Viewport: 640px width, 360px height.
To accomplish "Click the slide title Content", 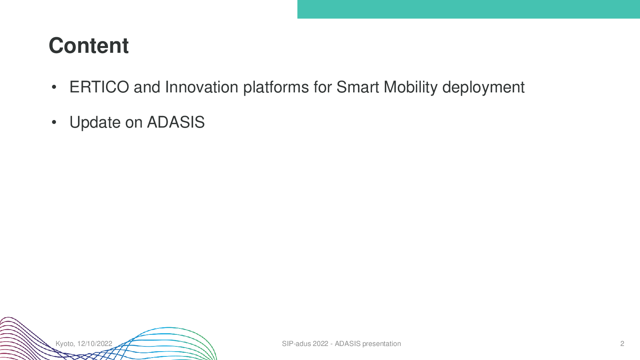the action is [88, 46].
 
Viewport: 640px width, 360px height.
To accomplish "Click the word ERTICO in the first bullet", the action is [99, 87].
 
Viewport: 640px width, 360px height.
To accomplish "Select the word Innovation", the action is [202, 87].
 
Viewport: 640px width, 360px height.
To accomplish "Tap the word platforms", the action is [276, 88].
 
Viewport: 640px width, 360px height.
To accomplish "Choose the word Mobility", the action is [410, 88].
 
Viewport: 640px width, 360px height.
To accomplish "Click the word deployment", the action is [483, 88].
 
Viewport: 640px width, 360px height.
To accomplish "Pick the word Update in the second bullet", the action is [95, 122].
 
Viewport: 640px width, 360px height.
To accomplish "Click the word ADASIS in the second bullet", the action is [176, 122].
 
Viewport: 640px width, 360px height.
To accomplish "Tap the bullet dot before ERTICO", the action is [54, 87].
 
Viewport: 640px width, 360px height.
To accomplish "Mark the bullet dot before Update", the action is [54, 122].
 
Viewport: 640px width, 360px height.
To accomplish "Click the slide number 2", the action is [622, 344].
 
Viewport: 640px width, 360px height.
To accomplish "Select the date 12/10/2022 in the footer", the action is [94, 344].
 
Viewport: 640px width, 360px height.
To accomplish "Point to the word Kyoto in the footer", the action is [65, 344].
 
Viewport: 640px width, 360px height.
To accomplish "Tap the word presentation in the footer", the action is [382, 344].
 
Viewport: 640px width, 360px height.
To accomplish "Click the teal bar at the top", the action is [468, 9].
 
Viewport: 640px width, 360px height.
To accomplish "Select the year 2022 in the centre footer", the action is [320, 344].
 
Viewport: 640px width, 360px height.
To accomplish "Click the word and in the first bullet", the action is [147, 87].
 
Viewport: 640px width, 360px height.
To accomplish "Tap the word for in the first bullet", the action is [322, 87].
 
